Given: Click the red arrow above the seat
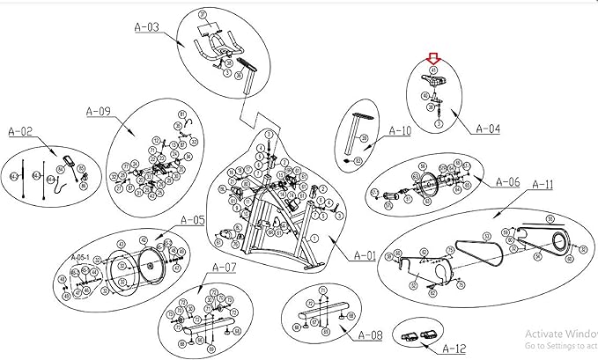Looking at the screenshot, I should pos(432,59).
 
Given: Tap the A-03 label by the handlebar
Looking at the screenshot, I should pos(147,27).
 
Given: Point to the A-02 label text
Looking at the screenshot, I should pos(20,131).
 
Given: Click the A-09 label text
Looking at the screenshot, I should pos(98,111).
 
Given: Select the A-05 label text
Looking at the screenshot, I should pos(192,220).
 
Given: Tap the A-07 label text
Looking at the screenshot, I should pos(224,267).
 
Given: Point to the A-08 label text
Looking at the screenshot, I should pos(371,335).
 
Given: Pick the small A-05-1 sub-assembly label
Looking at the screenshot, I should pos(80,257).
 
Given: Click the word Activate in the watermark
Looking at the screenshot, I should pos(541,334).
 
